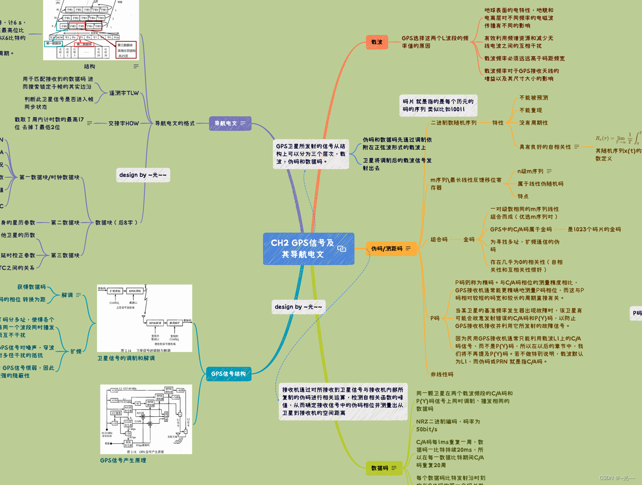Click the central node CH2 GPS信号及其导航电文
302,249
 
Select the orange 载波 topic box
377,42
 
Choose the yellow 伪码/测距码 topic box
387,249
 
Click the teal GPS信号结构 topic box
228,374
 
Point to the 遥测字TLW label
124,93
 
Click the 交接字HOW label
123,123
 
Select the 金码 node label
469,240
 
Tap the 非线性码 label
442,374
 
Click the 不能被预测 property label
533,98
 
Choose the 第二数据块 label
65,223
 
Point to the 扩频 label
76,351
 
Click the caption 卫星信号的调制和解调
126,358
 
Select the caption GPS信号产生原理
123,460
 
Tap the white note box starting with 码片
438,105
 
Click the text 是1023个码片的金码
594,229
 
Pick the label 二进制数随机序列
453,123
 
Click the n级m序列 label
530,171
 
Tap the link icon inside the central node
342,249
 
